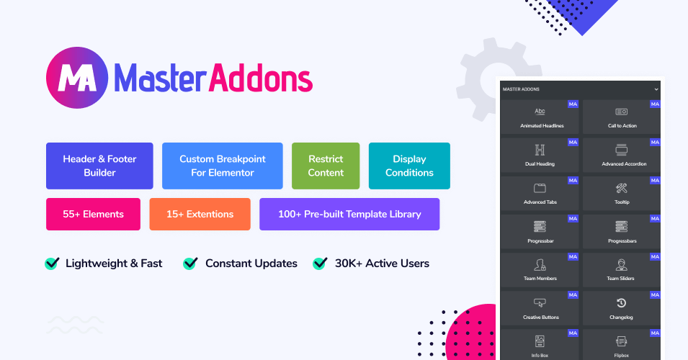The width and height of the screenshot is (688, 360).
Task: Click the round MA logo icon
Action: coord(77,78)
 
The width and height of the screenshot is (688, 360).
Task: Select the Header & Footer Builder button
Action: coord(99,166)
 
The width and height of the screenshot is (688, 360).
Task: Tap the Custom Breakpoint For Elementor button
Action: coord(223,166)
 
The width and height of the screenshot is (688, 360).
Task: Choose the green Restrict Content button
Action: coord(326,166)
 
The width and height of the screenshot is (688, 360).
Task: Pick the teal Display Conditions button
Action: coord(409,166)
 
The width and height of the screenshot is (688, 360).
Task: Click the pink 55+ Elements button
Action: coord(93,214)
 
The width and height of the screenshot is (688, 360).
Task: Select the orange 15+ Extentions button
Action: coord(200,214)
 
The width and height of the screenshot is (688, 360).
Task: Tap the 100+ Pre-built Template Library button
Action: coord(349,214)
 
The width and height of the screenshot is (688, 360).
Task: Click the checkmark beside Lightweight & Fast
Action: coord(52,263)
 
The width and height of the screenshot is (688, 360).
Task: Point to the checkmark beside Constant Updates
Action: coord(190,263)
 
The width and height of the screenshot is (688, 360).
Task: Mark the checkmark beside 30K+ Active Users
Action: coord(320,263)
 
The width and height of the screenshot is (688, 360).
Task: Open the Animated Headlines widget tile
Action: coord(540,117)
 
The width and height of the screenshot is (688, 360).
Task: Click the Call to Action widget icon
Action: coord(621,112)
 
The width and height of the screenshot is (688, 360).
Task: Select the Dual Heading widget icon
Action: coord(540,150)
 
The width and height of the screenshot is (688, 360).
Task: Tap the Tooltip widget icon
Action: coord(621,188)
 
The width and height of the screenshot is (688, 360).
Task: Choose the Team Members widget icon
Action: coord(540,265)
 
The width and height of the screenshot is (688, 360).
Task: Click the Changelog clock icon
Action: coord(621,303)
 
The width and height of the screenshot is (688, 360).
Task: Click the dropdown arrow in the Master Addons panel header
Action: coord(656,89)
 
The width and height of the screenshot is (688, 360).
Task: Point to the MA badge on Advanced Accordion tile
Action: coord(655,142)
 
